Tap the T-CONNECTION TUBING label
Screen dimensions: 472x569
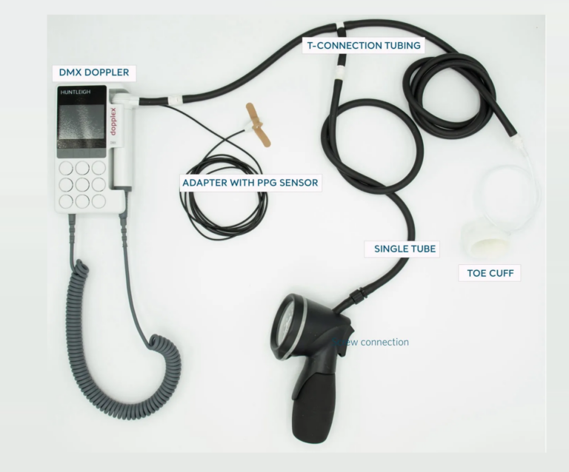(365, 46)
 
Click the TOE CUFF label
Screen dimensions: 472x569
(490, 273)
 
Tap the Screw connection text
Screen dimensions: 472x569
(370, 343)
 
